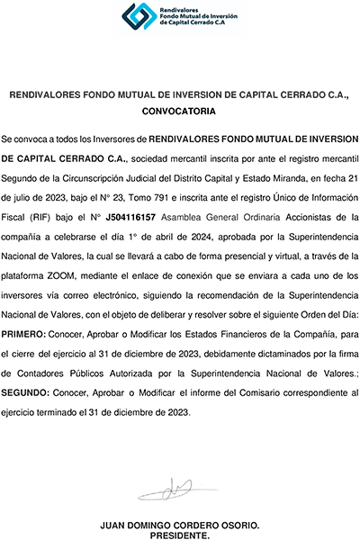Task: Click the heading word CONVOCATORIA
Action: (x=180, y=112)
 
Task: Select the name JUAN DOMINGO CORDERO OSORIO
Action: (x=180, y=523)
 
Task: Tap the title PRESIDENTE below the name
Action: (x=180, y=533)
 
